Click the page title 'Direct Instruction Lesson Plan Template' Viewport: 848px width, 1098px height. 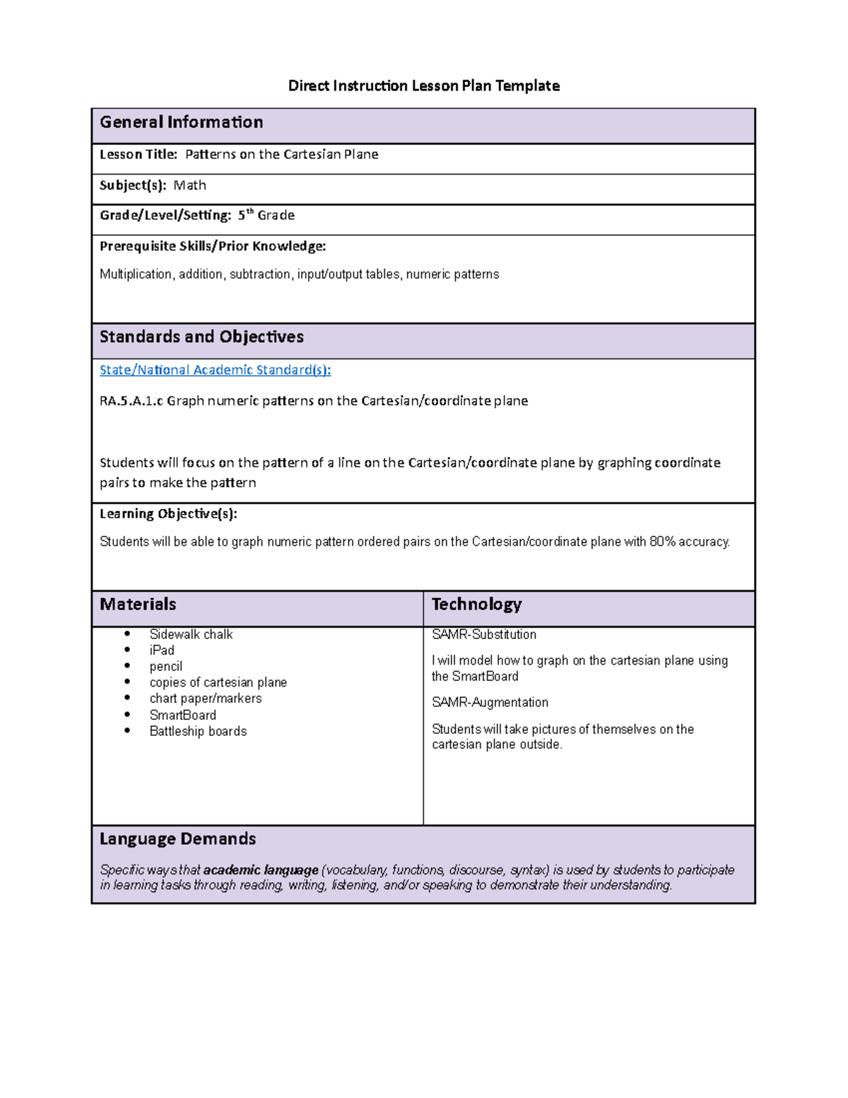(423, 86)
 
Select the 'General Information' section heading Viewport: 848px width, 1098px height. (181, 122)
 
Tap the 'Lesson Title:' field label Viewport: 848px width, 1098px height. (138, 154)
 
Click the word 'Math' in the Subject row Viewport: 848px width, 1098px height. (189, 185)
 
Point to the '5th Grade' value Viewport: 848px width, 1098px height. (266, 215)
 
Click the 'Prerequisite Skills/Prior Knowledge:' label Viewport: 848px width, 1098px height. (213, 246)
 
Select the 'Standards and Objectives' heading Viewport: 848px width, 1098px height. (201, 337)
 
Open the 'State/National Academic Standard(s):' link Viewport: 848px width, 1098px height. (215, 370)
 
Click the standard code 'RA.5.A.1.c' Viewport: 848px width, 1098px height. (131, 401)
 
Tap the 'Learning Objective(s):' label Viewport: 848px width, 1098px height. (168, 514)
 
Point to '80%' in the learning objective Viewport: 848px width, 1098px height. (662, 542)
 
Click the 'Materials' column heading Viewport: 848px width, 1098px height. (138, 605)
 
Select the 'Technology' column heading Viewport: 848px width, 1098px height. (476, 605)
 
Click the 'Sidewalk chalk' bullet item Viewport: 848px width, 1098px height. (191, 635)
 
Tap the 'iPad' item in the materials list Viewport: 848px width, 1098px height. (162, 650)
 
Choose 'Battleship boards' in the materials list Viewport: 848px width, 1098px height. (198, 731)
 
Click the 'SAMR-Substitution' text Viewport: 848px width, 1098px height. (484, 635)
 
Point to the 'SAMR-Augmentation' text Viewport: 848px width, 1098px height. (490, 702)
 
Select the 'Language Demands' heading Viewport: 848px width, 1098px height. (177, 839)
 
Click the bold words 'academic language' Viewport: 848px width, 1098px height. (261, 870)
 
